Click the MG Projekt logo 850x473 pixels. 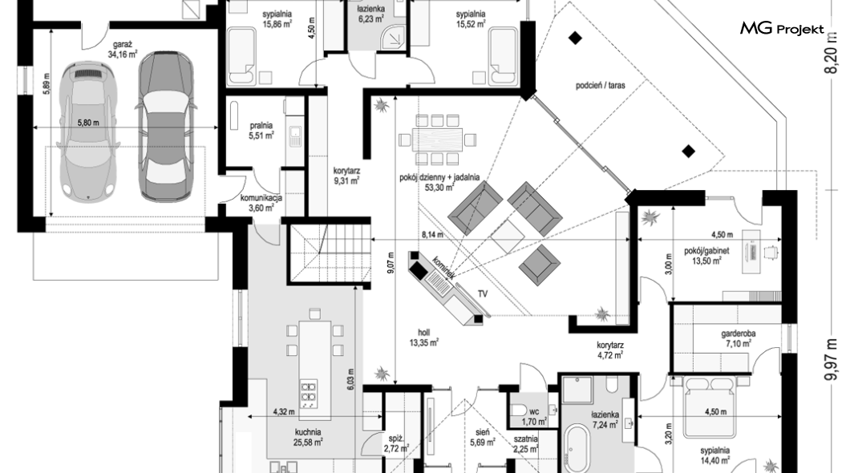pos(781,30)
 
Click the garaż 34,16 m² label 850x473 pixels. pos(122,51)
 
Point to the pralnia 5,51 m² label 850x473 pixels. pos(261,131)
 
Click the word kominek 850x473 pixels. pos(443,268)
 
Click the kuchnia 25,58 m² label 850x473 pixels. pos(308,435)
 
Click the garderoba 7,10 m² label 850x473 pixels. pos(735,338)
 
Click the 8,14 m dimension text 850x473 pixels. pos(433,235)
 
